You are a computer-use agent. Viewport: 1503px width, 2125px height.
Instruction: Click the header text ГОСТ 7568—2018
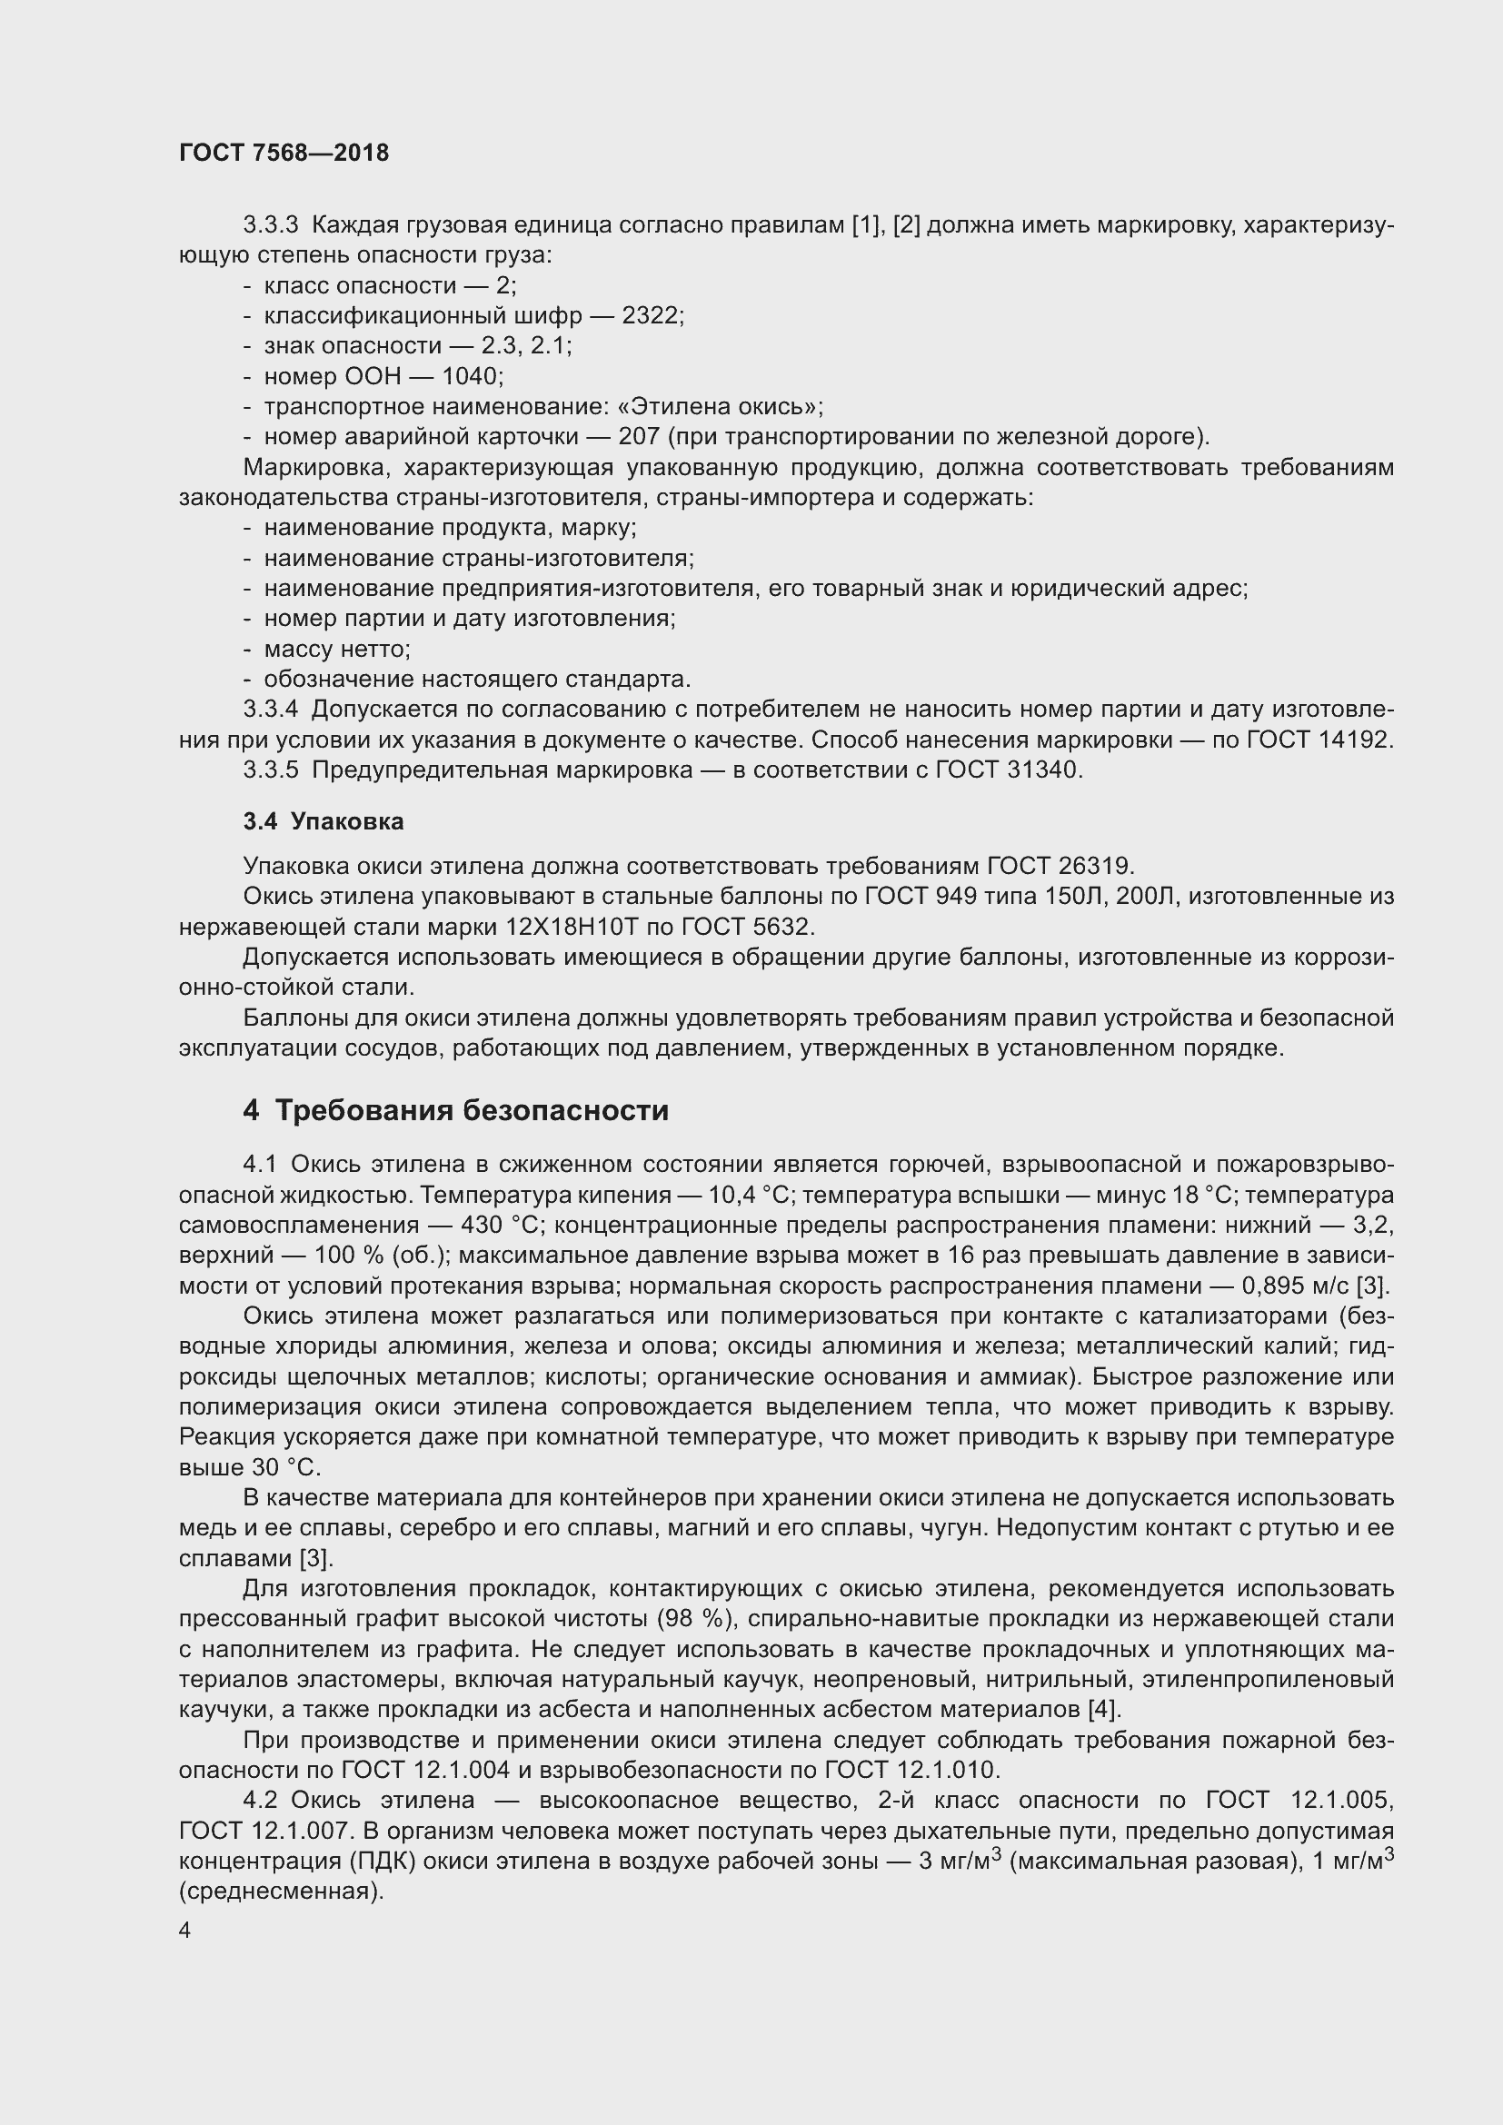pos(284,153)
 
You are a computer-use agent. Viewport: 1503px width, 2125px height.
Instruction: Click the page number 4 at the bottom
pos(185,1931)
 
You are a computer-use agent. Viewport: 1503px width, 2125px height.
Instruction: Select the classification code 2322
pos(652,315)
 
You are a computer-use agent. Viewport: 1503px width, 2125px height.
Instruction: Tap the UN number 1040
pos(471,377)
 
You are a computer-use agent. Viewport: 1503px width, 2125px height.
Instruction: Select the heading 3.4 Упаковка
pos(323,822)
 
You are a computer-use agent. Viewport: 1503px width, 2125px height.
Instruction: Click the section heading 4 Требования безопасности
pos(455,1109)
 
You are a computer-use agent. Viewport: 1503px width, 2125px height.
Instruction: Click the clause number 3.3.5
pos(271,770)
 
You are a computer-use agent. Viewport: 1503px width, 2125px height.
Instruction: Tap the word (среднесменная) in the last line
pos(282,1891)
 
